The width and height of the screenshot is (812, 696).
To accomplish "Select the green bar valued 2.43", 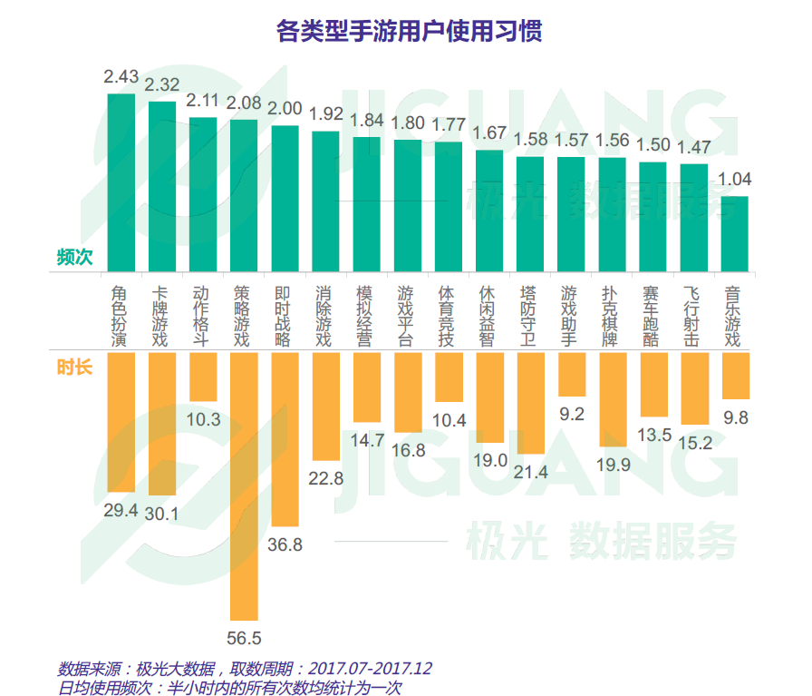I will tap(121, 181).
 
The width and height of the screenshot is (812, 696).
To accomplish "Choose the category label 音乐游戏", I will tap(734, 317).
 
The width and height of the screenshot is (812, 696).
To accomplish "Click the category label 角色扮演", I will tap(121, 317).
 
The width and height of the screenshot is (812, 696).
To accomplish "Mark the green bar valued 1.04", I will tap(734, 233).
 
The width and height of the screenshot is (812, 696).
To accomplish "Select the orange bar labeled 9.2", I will tap(571, 375).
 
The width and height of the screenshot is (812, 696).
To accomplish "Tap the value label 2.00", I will tap(285, 108).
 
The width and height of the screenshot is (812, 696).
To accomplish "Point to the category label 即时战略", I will tap(285, 317).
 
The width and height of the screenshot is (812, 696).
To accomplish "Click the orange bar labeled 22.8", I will tap(325, 407).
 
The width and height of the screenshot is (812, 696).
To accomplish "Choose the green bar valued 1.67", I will tap(489, 211).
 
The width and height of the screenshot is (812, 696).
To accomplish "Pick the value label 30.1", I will tap(163, 514).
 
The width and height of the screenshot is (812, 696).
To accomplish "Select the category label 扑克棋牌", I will tap(612, 317).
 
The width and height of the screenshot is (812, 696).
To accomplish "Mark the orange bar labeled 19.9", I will tap(612, 400).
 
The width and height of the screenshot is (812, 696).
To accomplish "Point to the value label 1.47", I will tap(693, 146).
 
